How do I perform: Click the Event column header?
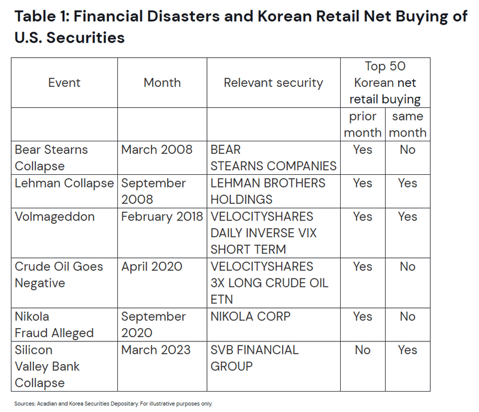coord(64,83)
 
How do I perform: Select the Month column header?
coord(162,83)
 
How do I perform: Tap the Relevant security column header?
coord(274,83)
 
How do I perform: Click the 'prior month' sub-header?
coord(363,125)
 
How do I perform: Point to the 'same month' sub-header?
coord(408,125)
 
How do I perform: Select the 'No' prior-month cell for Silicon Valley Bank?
coord(363,350)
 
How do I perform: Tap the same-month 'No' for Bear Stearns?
coord(408,150)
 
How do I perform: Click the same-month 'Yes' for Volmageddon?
coord(408,217)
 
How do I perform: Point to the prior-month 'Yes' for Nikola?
coord(363,317)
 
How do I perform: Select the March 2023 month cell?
coord(156,350)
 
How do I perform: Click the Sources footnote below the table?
coord(113,404)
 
